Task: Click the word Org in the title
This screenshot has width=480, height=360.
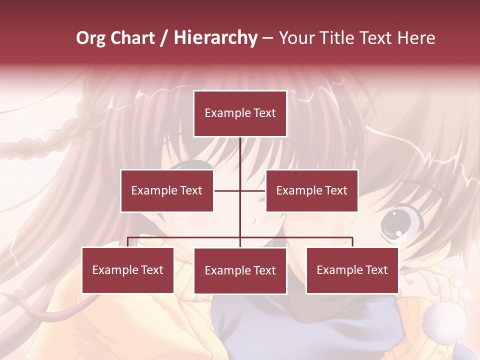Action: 90,38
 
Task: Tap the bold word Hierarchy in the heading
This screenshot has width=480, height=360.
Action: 215,38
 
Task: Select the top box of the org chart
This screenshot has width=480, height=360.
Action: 240,113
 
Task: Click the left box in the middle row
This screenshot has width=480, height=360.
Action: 167,190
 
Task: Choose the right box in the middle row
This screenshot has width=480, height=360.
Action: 312,190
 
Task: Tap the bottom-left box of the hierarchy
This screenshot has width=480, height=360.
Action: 128,270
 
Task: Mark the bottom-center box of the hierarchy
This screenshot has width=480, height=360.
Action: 240,270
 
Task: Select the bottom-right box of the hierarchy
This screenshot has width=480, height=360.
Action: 352,270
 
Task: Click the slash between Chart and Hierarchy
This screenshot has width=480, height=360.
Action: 164,38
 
